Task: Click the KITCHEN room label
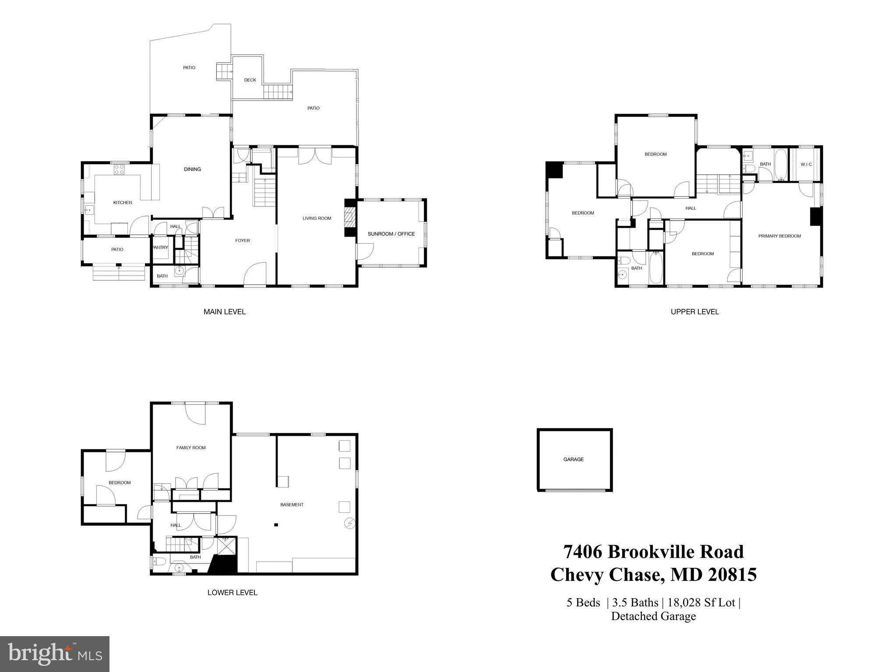[123, 203]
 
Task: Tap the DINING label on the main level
[192, 169]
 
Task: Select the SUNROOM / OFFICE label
[391, 234]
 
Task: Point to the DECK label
[250, 80]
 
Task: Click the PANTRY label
[160, 248]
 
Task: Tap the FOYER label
[243, 241]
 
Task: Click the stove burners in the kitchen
[119, 169]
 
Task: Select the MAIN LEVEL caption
[225, 312]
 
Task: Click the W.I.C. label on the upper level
[807, 164]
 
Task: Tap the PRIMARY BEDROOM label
[779, 236]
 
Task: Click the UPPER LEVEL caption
[695, 312]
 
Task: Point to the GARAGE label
[574, 459]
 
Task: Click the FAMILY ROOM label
[191, 448]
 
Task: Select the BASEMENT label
[292, 505]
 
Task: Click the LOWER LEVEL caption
[232, 593]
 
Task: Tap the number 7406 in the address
[582, 552]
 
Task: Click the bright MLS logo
[55, 654]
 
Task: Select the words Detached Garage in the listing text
[653, 616]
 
